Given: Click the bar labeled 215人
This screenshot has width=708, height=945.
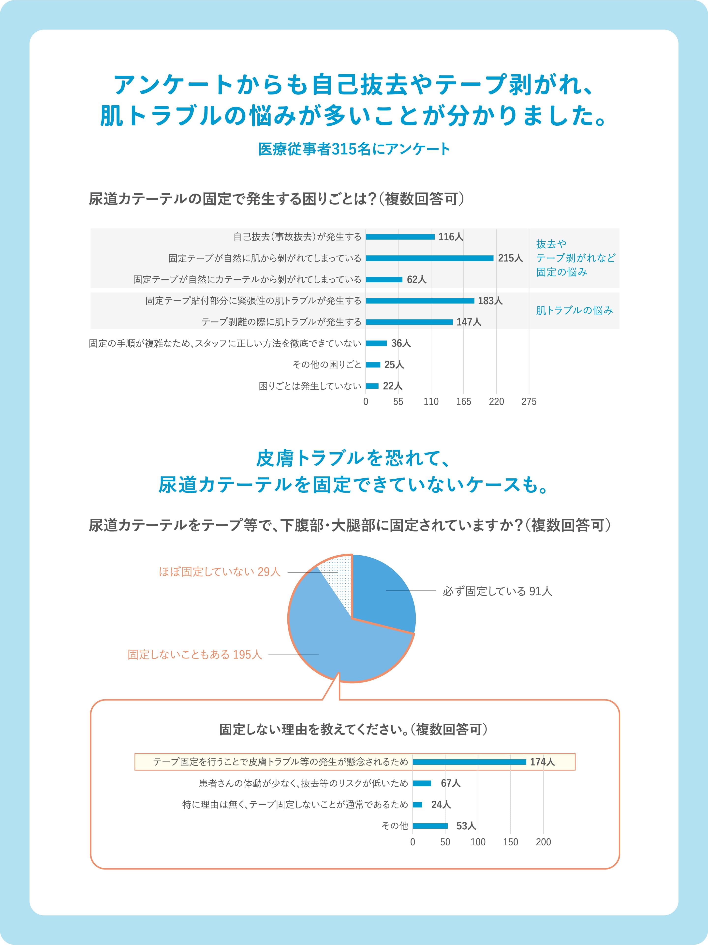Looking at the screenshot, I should click(x=429, y=258).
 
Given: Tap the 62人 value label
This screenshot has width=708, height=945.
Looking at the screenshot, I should click(x=416, y=279).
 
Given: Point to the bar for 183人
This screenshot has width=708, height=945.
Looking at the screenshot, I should click(x=420, y=301).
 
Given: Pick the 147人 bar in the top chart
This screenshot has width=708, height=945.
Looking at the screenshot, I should click(x=409, y=322).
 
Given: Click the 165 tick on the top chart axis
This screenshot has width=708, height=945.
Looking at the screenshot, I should click(x=463, y=402).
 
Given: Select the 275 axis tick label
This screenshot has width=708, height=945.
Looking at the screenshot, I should click(x=529, y=402).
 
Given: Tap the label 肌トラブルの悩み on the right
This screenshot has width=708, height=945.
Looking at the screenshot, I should click(x=574, y=311).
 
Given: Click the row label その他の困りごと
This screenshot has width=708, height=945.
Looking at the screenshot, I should click(x=327, y=365).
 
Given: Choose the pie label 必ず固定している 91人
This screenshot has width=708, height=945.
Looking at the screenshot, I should click(x=498, y=591).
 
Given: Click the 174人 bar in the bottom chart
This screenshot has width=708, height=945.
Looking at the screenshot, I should click(x=469, y=762).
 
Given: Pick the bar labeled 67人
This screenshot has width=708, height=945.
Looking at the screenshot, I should click(x=422, y=783).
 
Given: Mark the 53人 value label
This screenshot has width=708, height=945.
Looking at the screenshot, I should click(x=466, y=826).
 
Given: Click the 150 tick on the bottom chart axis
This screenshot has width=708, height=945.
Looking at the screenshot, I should click(x=510, y=842).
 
